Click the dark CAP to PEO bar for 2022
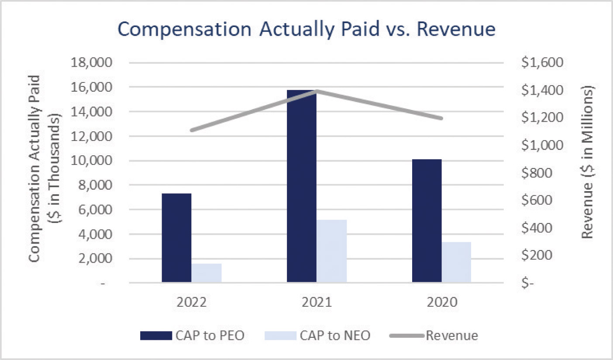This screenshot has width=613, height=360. [x=176, y=238]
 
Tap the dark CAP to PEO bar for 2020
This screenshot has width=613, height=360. [x=427, y=221]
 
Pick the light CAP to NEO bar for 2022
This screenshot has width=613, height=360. [x=207, y=273]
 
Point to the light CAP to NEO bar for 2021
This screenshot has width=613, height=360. [x=331, y=251]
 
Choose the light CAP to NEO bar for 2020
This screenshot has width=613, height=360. [x=457, y=262]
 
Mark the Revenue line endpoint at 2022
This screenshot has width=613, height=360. [x=192, y=130]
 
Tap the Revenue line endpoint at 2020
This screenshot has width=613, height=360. [x=441, y=118]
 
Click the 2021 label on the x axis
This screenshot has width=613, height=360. [x=316, y=303]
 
